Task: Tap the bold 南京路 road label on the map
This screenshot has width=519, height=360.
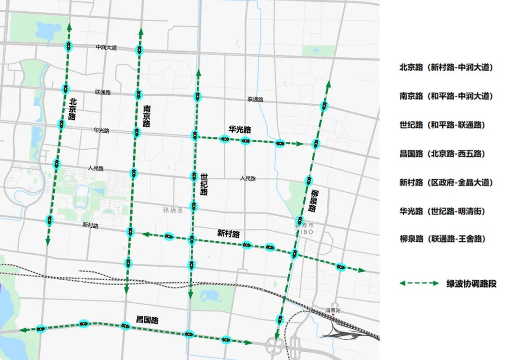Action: click(x=147, y=117)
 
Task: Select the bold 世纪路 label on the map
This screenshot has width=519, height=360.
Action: click(x=204, y=185)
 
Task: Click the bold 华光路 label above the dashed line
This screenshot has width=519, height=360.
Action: click(x=239, y=130)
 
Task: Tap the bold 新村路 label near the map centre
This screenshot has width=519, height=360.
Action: click(x=228, y=234)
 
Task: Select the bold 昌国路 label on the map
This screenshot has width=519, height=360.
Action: click(x=147, y=320)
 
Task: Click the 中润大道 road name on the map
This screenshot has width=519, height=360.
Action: click(x=106, y=48)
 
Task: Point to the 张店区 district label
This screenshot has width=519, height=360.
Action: click(x=173, y=210)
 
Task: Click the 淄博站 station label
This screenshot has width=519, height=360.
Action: click(x=333, y=310)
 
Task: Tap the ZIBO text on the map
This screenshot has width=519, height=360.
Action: click(x=304, y=232)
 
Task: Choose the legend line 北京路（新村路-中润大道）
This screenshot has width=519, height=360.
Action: click(x=446, y=68)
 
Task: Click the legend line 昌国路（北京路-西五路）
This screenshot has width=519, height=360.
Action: click(x=442, y=154)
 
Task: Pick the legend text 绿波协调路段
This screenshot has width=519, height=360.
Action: click(x=471, y=284)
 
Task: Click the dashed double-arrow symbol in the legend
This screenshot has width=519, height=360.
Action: click(x=419, y=284)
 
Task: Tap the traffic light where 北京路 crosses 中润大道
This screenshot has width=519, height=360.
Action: click(x=69, y=47)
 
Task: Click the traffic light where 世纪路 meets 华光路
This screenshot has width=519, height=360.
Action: click(x=195, y=136)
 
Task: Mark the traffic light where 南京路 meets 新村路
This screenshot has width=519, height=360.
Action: click(x=130, y=232)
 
